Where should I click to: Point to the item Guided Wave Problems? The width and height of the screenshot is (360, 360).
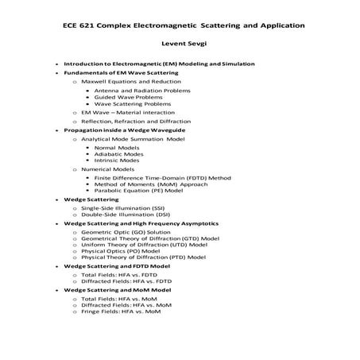point(127,97)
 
